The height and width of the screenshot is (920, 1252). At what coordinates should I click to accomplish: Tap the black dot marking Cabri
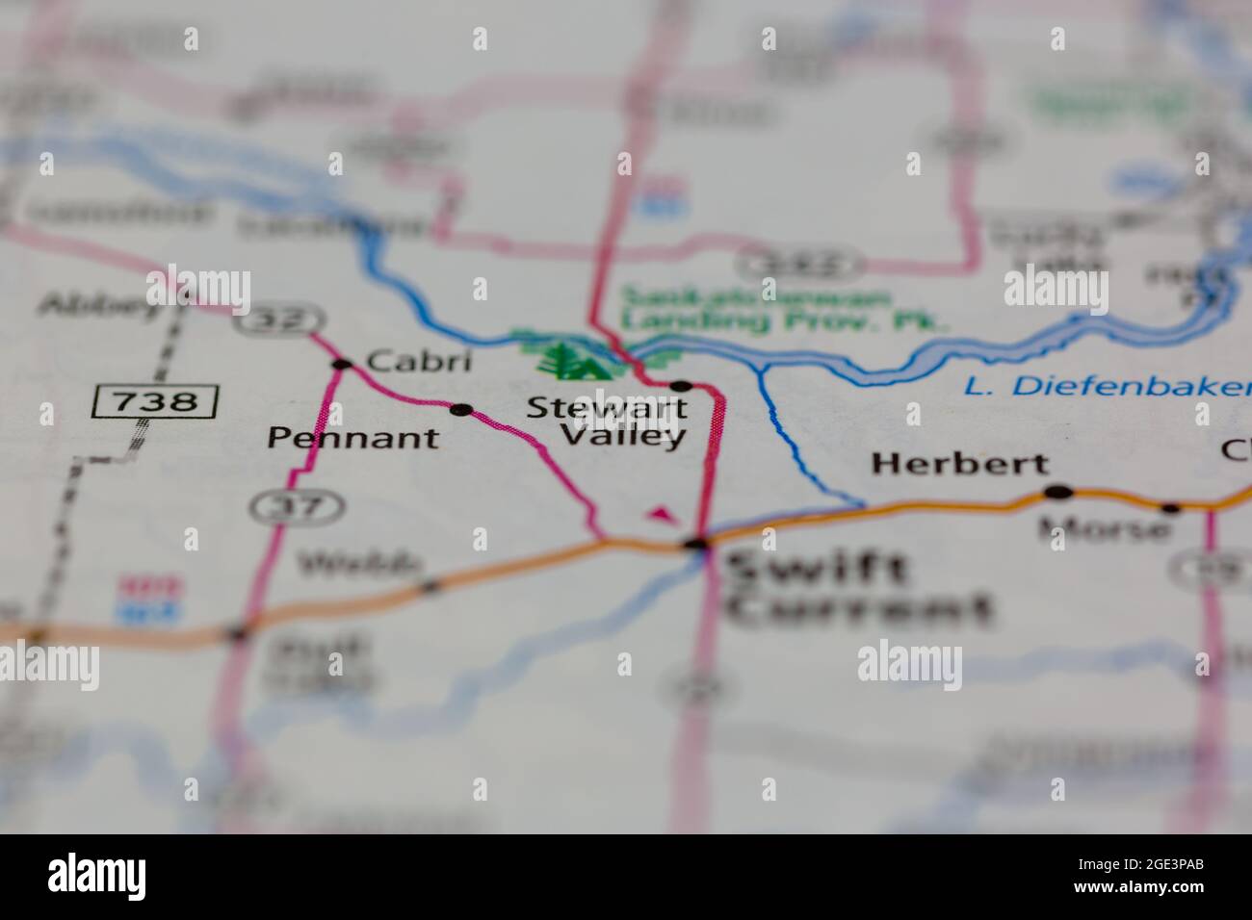341,364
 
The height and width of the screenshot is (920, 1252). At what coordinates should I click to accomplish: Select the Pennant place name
352,439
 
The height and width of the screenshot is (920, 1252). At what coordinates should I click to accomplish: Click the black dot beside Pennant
461,410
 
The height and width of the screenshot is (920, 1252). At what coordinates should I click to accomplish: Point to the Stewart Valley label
608,422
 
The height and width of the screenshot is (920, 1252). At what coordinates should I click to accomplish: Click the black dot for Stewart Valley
681,386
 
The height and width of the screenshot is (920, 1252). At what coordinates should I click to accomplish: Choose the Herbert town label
959,464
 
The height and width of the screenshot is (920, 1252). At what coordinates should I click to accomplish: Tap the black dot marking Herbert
1058,493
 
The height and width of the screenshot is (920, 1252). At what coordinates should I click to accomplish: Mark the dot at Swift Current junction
696,545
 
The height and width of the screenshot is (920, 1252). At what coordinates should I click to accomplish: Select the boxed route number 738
155,401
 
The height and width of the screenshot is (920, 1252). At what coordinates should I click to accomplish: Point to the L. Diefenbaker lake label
1108,387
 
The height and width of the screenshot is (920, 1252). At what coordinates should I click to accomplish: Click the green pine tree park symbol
568,358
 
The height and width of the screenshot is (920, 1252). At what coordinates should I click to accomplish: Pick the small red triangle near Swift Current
660,515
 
